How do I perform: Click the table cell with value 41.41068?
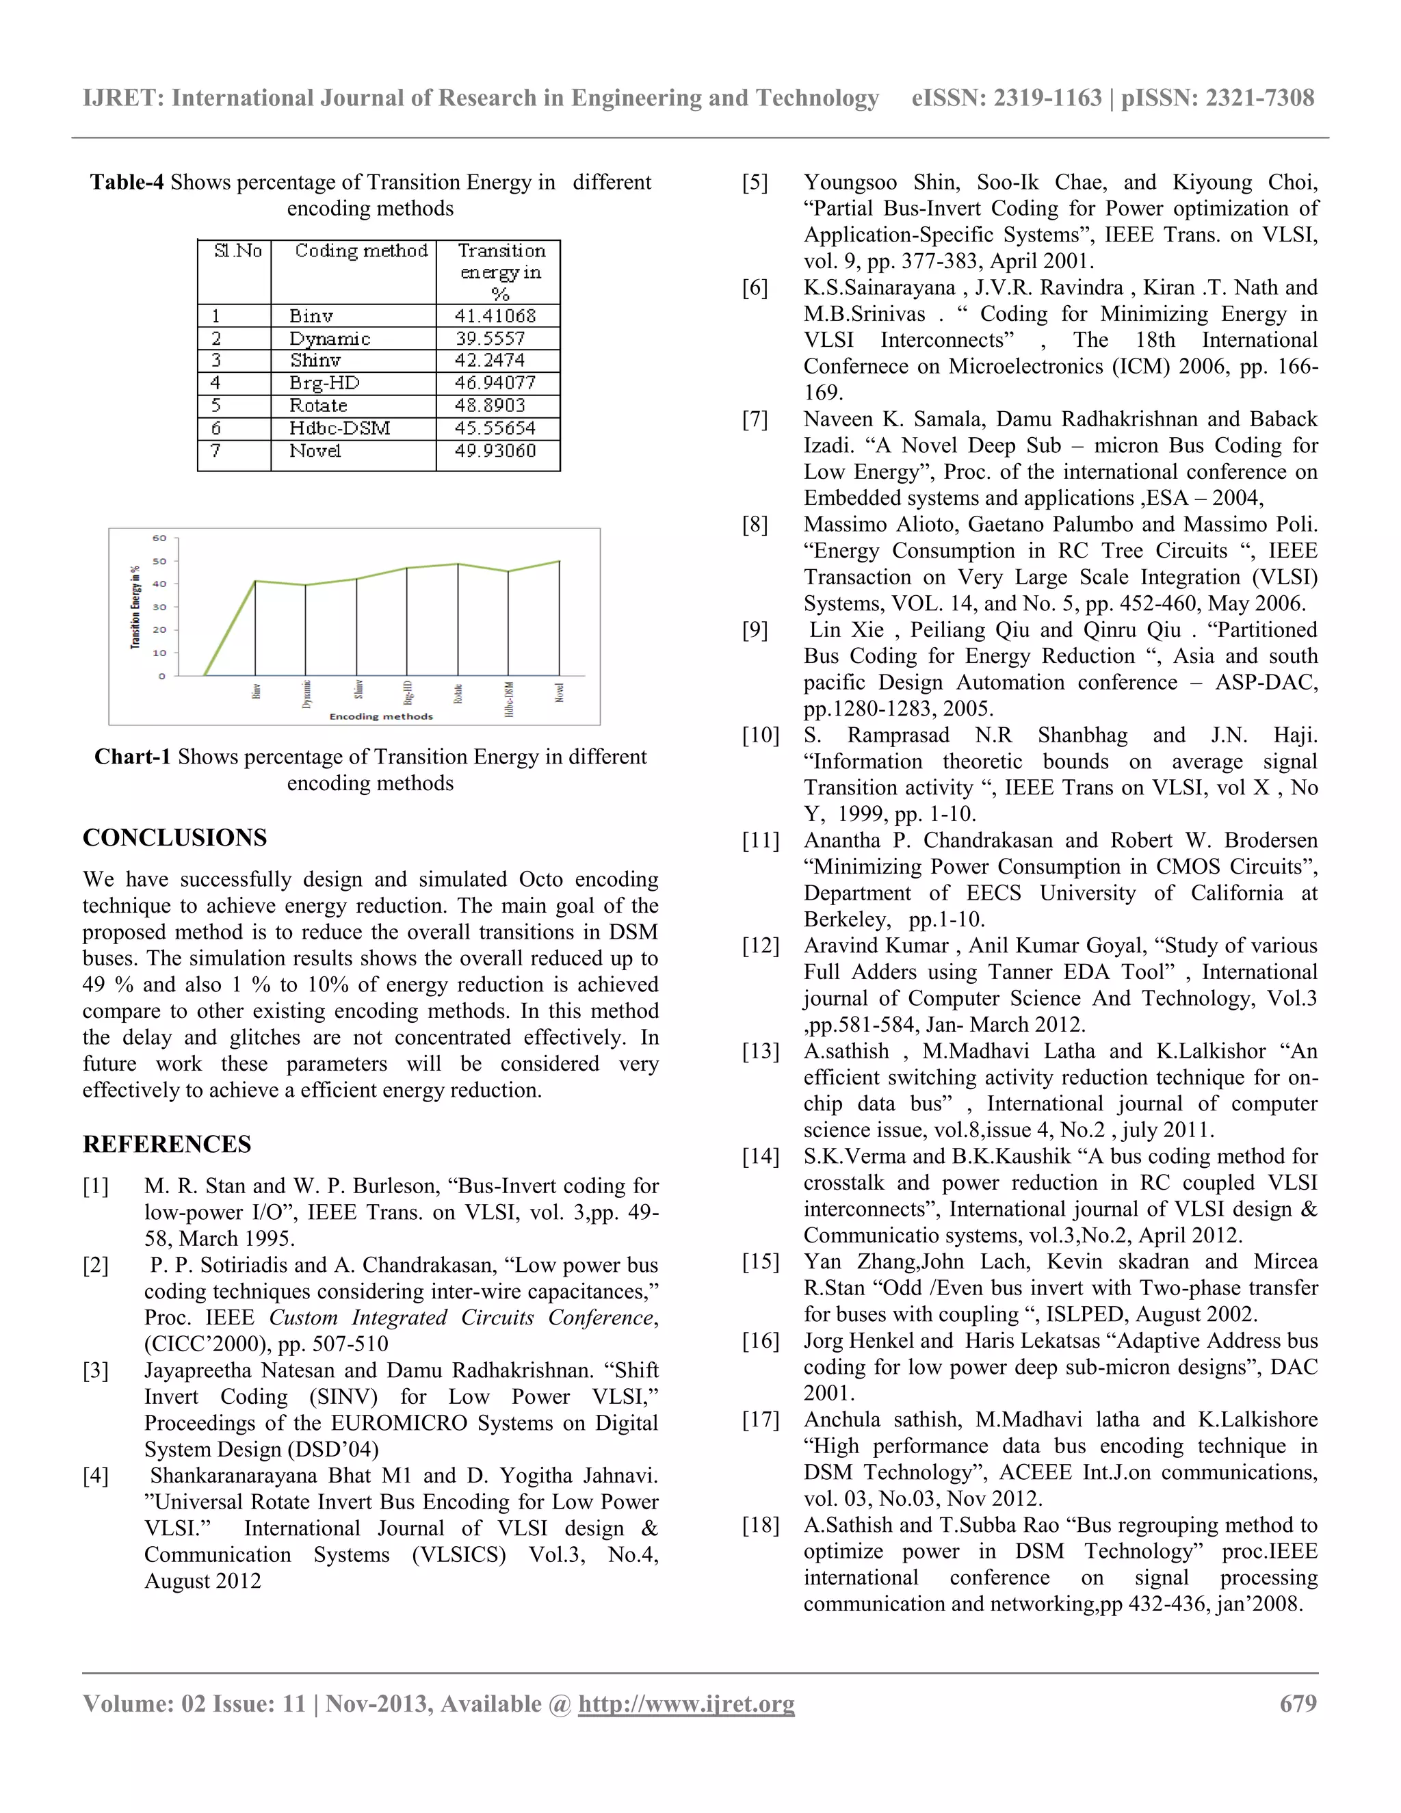click(x=495, y=316)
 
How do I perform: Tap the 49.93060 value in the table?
click(x=495, y=451)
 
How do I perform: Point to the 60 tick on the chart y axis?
click(x=159, y=538)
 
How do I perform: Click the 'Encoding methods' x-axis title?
click(x=381, y=716)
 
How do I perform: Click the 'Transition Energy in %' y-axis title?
click(x=135, y=606)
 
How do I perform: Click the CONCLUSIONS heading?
click(x=174, y=837)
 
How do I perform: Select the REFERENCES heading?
click(x=167, y=1144)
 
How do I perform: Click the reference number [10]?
click(x=760, y=735)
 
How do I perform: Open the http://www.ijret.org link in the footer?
click(x=685, y=1704)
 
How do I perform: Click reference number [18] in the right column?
click(x=760, y=1525)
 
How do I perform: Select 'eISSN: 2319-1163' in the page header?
click(x=1006, y=98)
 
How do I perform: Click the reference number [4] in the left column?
click(x=96, y=1476)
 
